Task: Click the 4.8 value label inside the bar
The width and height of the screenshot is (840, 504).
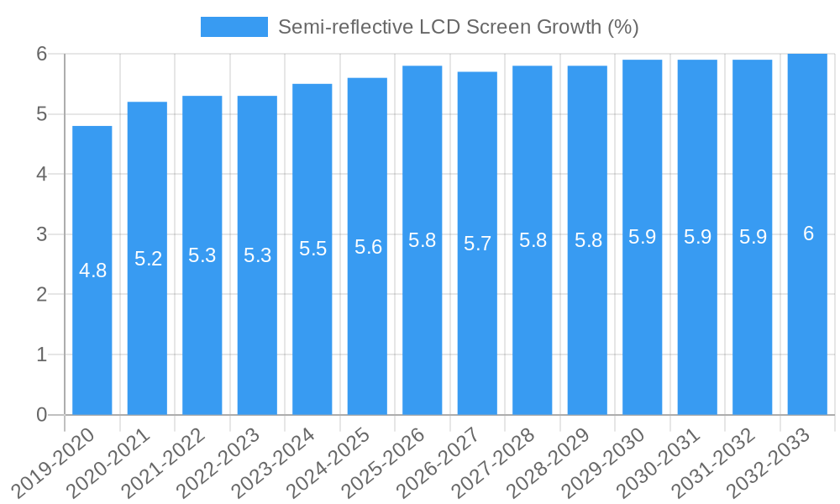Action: click(x=92, y=270)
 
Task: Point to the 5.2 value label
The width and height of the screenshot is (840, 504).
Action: click(x=148, y=259)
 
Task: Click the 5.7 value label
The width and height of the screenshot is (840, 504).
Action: click(x=477, y=244)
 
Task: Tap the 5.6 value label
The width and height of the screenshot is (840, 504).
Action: click(x=368, y=247)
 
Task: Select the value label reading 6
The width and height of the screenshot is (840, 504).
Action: click(x=808, y=234)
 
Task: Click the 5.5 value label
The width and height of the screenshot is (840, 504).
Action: click(x=312, y=249)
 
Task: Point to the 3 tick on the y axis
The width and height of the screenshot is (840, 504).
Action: click(x=42, y=234)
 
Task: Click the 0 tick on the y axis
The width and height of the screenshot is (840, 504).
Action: click(x=42, y=415)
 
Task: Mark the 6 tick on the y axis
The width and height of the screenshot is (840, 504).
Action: click(x=42, y=54)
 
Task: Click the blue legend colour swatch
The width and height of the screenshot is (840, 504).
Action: click(x=234, y=27)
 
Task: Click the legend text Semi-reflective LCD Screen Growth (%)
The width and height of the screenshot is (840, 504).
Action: click(x=459, y=27)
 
